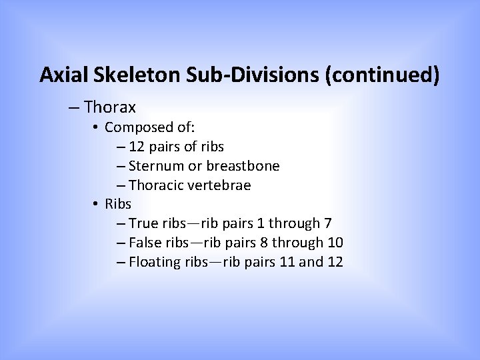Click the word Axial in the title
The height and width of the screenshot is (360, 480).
[59, 75]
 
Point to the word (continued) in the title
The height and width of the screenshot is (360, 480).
[382, 75]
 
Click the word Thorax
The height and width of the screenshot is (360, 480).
[111, 107]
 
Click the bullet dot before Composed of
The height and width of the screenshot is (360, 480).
[97, 127]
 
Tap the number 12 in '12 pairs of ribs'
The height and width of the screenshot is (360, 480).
[137, 146]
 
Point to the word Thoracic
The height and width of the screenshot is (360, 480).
[157, 185]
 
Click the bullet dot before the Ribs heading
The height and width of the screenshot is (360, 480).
[97, 204]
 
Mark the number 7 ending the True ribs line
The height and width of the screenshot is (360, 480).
[328, 223]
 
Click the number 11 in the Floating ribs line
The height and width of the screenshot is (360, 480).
[288, 262]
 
